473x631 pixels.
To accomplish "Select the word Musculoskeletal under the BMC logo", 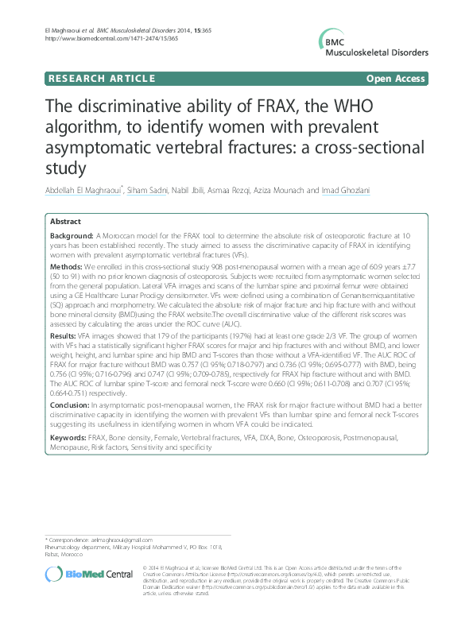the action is pyautogui.click(x=382, y=53).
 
